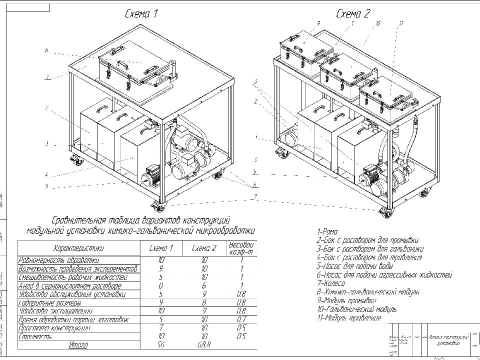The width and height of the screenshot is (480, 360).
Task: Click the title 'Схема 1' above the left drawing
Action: click(x=141, y=14)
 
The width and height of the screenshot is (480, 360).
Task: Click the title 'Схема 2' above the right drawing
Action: click(x=353, y=13)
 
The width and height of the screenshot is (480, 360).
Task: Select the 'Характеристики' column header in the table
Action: click(x=78, y=248)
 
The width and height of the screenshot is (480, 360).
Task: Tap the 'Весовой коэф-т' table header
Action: click(x=241, y=248)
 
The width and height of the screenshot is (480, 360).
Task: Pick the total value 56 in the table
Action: click(x=161, y=345)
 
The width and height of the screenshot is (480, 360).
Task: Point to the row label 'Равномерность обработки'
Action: click(x=58, y=260)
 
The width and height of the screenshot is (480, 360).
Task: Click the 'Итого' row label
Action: click(x=78, y=345)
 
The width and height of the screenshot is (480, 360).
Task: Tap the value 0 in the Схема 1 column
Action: click(x=161, y=285)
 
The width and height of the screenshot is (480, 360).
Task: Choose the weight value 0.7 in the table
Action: click(x=241, y=319)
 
